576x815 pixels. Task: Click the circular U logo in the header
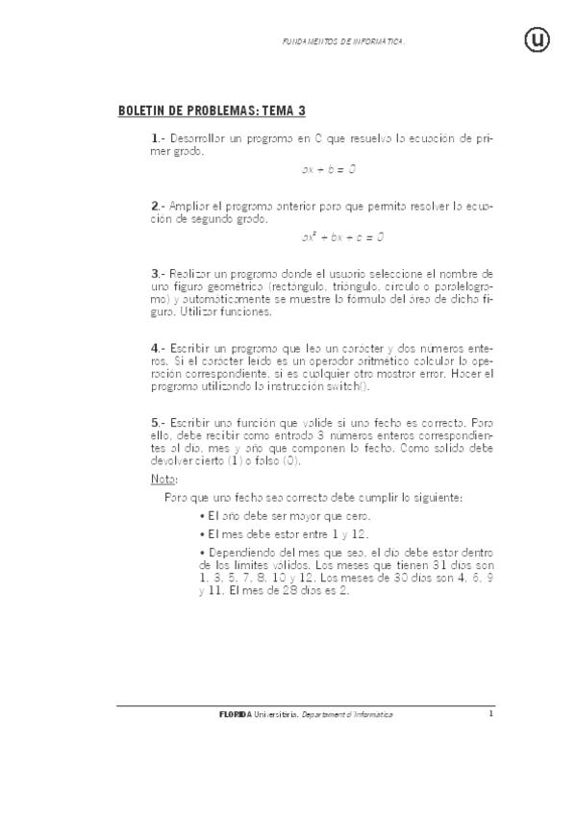coord(536,39)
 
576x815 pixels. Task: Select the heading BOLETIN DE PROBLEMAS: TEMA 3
coord(211,111)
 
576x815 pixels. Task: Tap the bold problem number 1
coord(155,139)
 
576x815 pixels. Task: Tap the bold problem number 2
coord(155,206)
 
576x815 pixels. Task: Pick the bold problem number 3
coord(155,273)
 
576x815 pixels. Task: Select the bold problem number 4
coord(155,347)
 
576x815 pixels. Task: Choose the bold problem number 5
coord(155,422)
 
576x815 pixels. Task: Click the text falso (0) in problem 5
coord(276,460)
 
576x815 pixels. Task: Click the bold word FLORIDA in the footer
coord(235,715)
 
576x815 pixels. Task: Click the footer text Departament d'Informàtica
coord(346,715)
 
